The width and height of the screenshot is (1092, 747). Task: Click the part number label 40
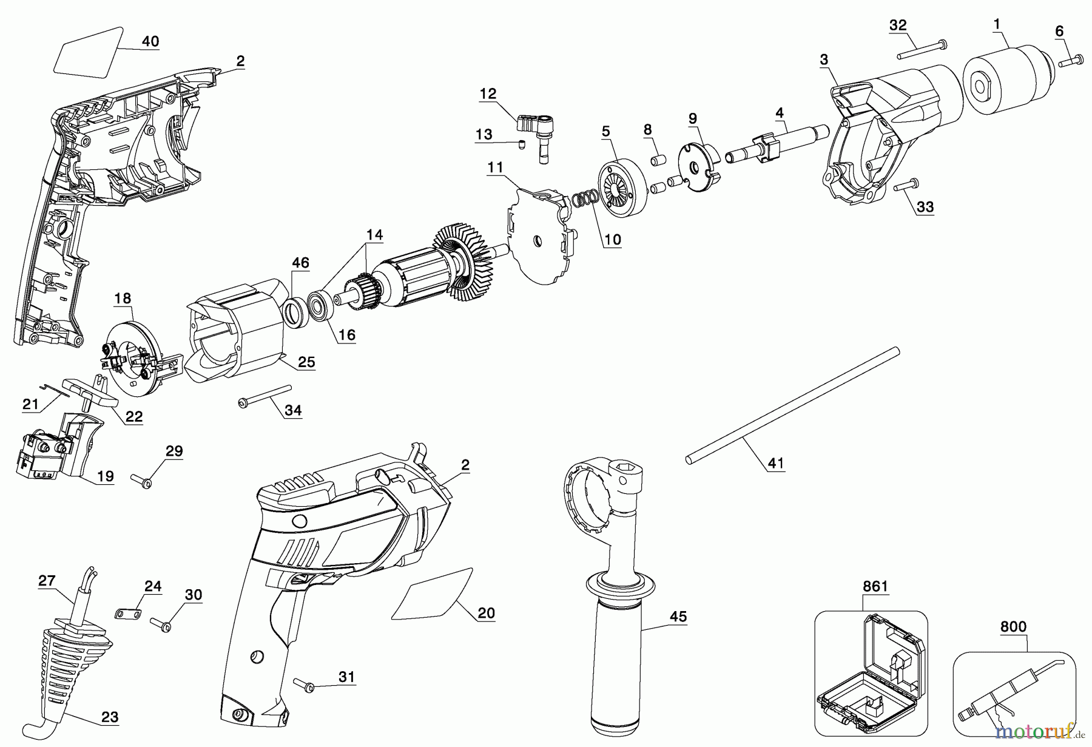(150, 41)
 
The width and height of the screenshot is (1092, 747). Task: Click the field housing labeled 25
(237, 331)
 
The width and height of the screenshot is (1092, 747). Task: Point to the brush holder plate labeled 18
(135, 358)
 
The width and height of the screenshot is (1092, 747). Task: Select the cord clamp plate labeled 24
(128, 615)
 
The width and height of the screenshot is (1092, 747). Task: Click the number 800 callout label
(1013, 627)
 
